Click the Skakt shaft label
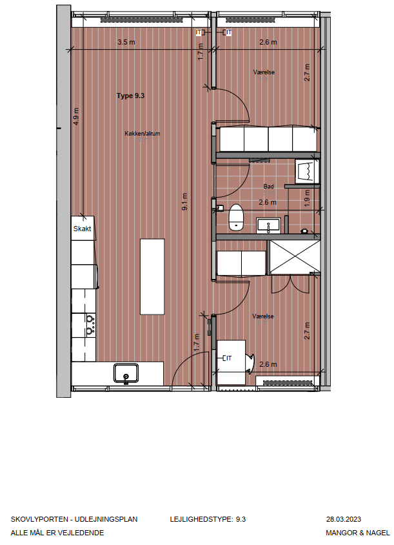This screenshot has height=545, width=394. click(x=83, y=229)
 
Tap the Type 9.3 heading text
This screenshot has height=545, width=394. click(x=130, y=96)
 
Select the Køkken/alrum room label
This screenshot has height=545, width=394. click(x=143, y=134)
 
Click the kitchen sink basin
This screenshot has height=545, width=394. click(x=126, y=373)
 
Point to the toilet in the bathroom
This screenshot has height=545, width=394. click(x=236, y=217)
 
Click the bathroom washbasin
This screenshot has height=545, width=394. click(x=268, y=225)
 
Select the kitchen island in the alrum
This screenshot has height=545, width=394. click(x=152, y=276)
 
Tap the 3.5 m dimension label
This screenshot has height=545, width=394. click(x=126, y=42)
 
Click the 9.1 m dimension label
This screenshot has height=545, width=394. click(x=184, y=201)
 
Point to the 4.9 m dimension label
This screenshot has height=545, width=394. click(x=76, y=116)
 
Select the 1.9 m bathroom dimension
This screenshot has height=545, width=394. click(x=307, y=198)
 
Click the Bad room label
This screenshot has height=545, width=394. click(x=268, y=187)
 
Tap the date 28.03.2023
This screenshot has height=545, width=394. click(x=344, y=519)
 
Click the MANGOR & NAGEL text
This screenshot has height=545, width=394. click(x=357, y=533)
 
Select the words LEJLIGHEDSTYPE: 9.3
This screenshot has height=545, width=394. click(x=208, y=519)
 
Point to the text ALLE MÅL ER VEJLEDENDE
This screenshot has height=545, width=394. click(x=57, y=533)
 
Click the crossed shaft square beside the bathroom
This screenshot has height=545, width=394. click(x=295, y=257)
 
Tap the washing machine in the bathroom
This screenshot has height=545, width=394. click(x=307, y=171)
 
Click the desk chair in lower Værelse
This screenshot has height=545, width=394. click(x=250, y=363)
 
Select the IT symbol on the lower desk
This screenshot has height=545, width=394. click(x=228, y=358)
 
